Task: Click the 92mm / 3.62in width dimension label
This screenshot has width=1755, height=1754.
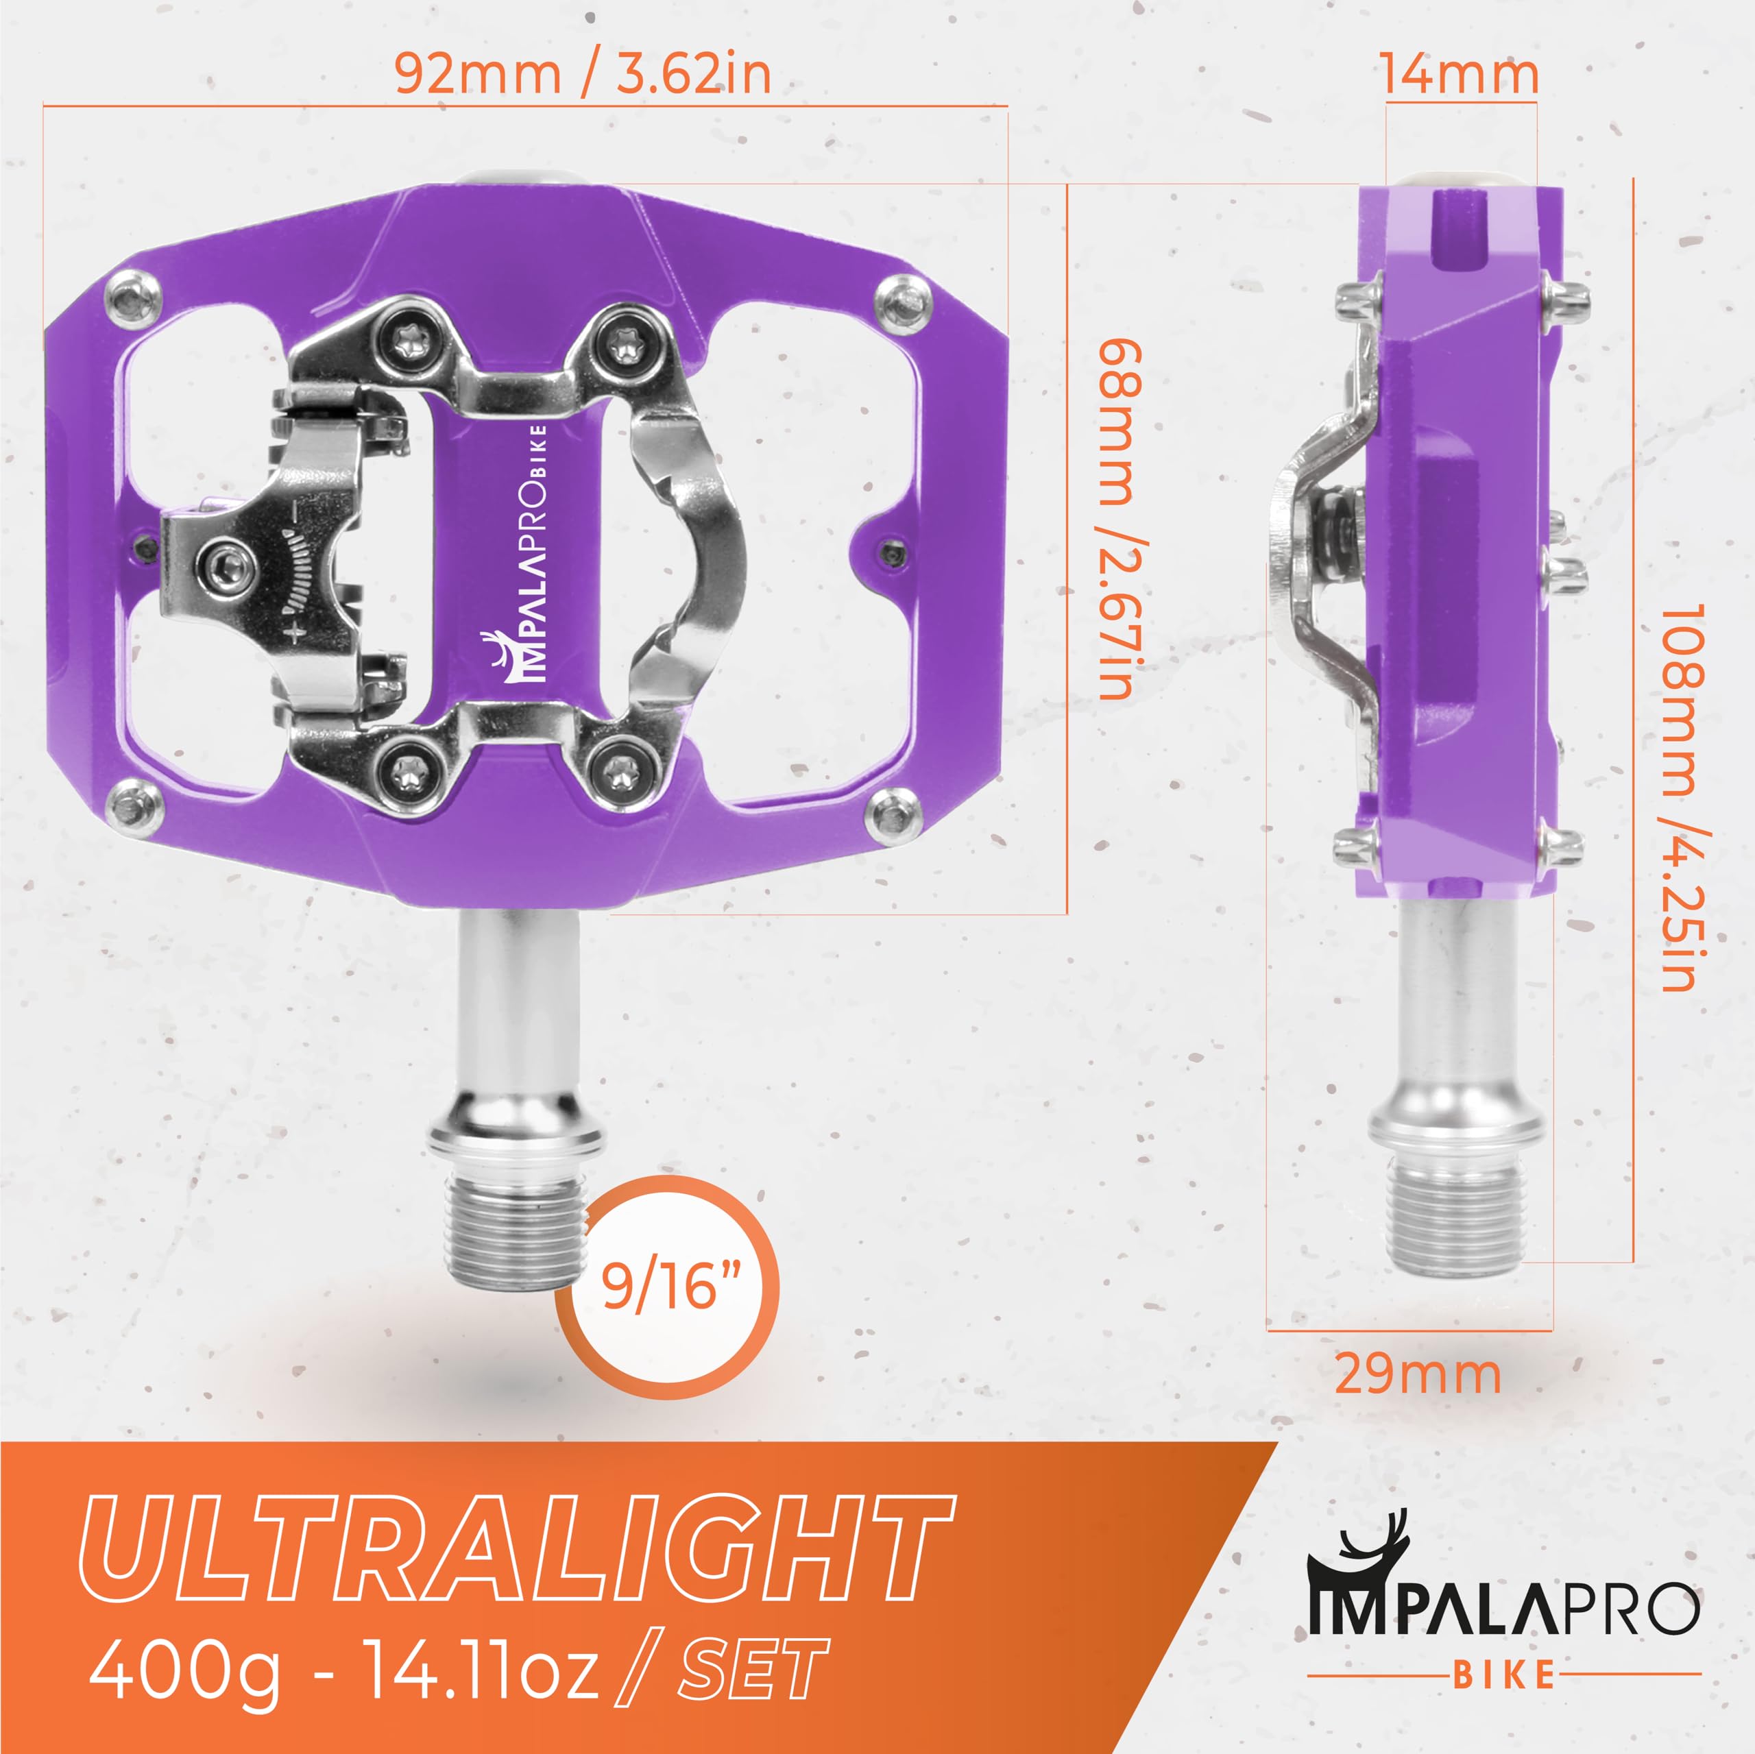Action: tap(582, 75)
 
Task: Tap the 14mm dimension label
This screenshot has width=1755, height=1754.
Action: tap(1460, 75)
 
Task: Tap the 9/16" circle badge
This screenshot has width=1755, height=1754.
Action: tap(668, 1287)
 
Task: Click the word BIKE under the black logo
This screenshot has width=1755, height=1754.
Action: tap(1503, 1673)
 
